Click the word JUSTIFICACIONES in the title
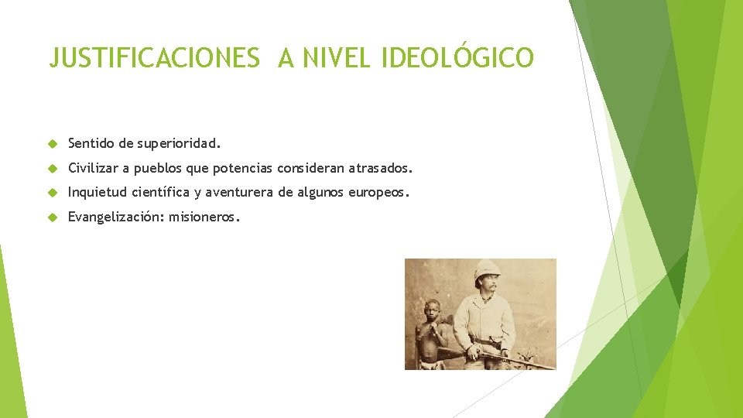(x=154, y=58)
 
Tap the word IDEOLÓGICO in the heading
(x=457, y=58)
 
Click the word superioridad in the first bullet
(x=180, y=143)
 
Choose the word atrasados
(x=381, y=168)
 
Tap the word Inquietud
(x=98, y=193)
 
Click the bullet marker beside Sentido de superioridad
(x=52, y=143)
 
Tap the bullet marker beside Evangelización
(x=52, y=218)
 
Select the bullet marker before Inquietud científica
(x=52, y=193)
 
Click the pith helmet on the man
(x=487, y=270)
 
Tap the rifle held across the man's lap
(x=503, y=357)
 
